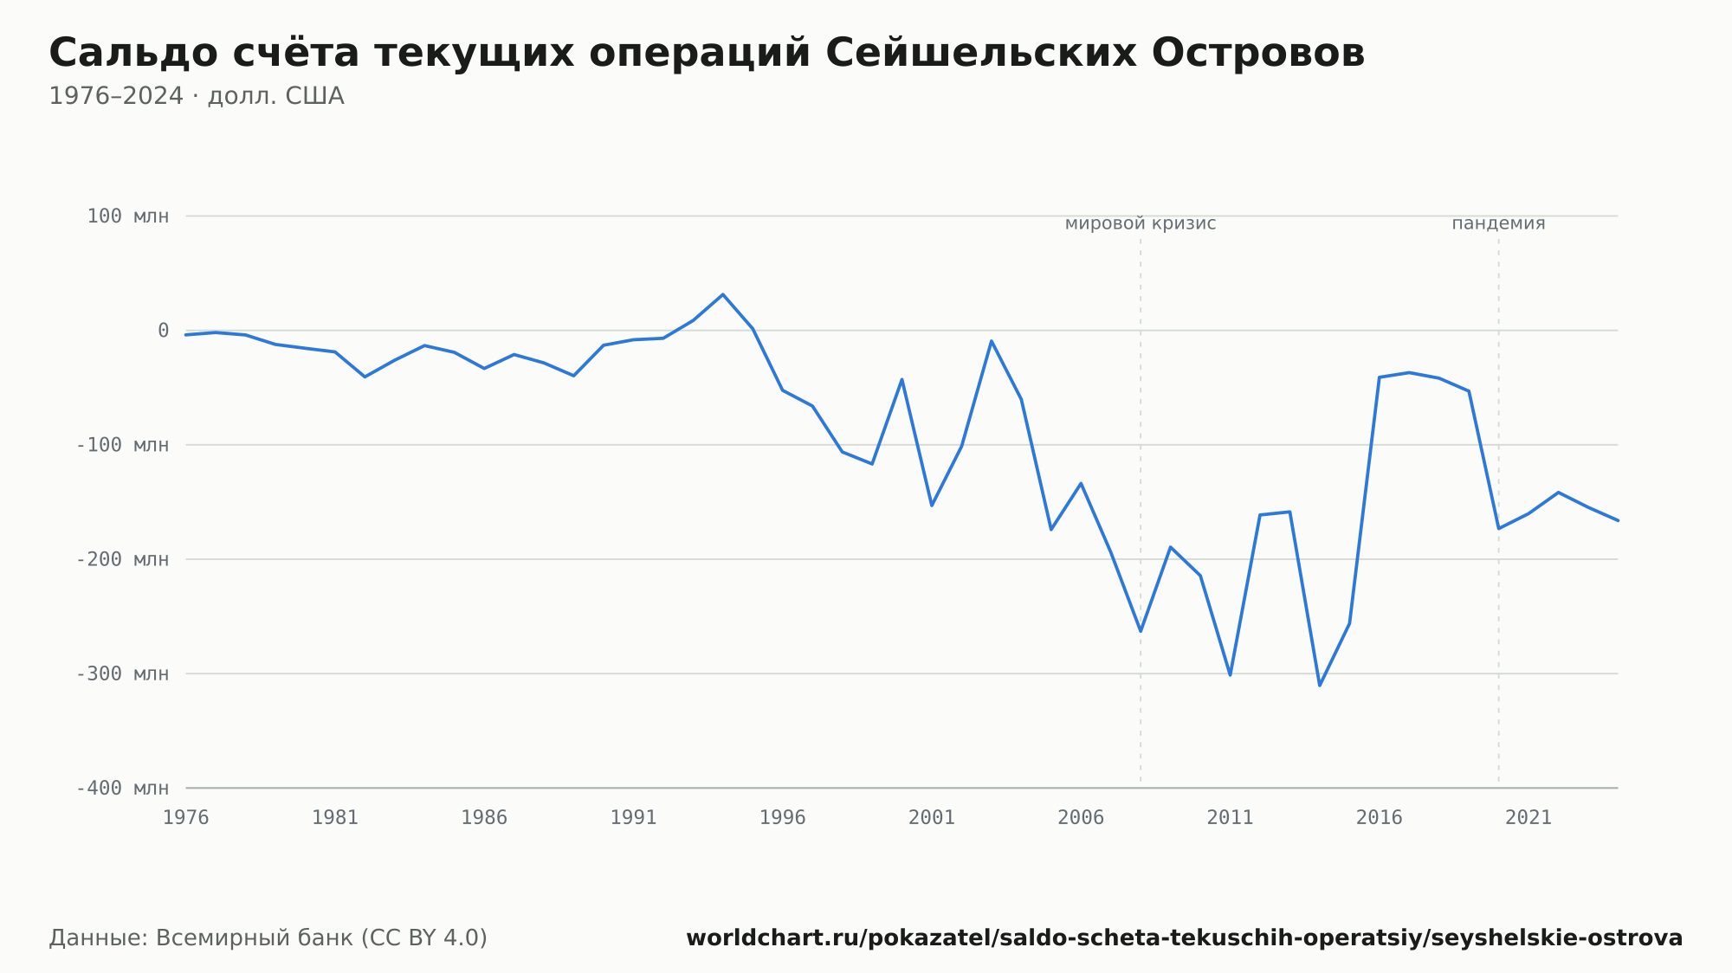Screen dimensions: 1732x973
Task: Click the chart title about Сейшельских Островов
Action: point(707,54)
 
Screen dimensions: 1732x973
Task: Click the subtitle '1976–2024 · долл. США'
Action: point(197,96)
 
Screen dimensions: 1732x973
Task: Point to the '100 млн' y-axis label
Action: point(128,216)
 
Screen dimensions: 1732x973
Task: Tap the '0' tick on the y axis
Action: point(163,331)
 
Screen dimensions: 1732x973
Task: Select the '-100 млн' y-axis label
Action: point(123,445)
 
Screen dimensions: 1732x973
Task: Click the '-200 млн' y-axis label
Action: point(123,559)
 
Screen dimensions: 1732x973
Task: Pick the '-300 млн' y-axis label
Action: point(123,673)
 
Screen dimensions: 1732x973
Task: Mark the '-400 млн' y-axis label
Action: point(123,788)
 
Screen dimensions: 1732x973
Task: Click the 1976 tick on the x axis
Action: point(186,818)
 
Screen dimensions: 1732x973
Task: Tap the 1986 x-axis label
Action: point(484,818)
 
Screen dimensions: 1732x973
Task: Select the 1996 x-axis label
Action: point(783,818)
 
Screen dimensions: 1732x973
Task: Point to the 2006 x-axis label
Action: point(1081,818)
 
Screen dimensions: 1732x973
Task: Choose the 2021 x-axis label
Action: point(1528,818)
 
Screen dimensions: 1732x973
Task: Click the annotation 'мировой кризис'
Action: point(1141,224)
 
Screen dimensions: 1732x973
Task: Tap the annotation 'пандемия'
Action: point(1498,224)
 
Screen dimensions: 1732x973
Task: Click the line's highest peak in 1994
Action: point(723,294)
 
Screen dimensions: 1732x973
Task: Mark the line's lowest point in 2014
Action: point(1320,686)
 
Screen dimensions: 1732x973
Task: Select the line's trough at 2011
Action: point(1231,675)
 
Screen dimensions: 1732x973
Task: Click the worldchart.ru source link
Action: point(1185,938)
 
